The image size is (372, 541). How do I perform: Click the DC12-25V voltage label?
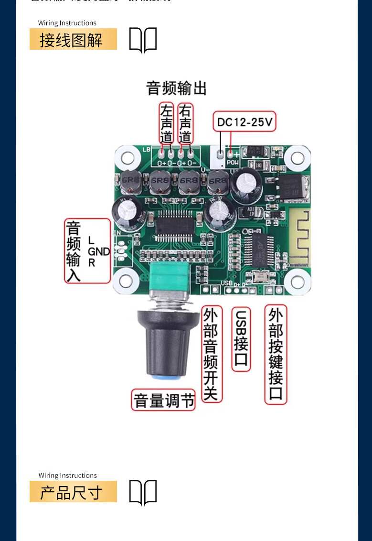pos(244,122)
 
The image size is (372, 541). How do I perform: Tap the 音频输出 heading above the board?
pos(176,88)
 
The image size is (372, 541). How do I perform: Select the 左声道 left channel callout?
pos(166,123)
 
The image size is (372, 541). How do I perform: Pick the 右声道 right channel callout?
pos(185,123)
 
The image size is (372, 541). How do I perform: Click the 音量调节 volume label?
pos(164,400)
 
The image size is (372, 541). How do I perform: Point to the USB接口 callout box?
pos(241,339)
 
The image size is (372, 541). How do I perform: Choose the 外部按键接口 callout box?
pos(276,355)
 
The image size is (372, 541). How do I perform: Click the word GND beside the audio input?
pos(99,251)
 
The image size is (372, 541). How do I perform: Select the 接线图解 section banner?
pos(73,39)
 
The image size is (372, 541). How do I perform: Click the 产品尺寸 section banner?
pos(73,492)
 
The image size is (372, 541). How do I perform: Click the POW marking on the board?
pos(233,162)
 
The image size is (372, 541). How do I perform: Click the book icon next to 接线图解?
pos(143,40)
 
